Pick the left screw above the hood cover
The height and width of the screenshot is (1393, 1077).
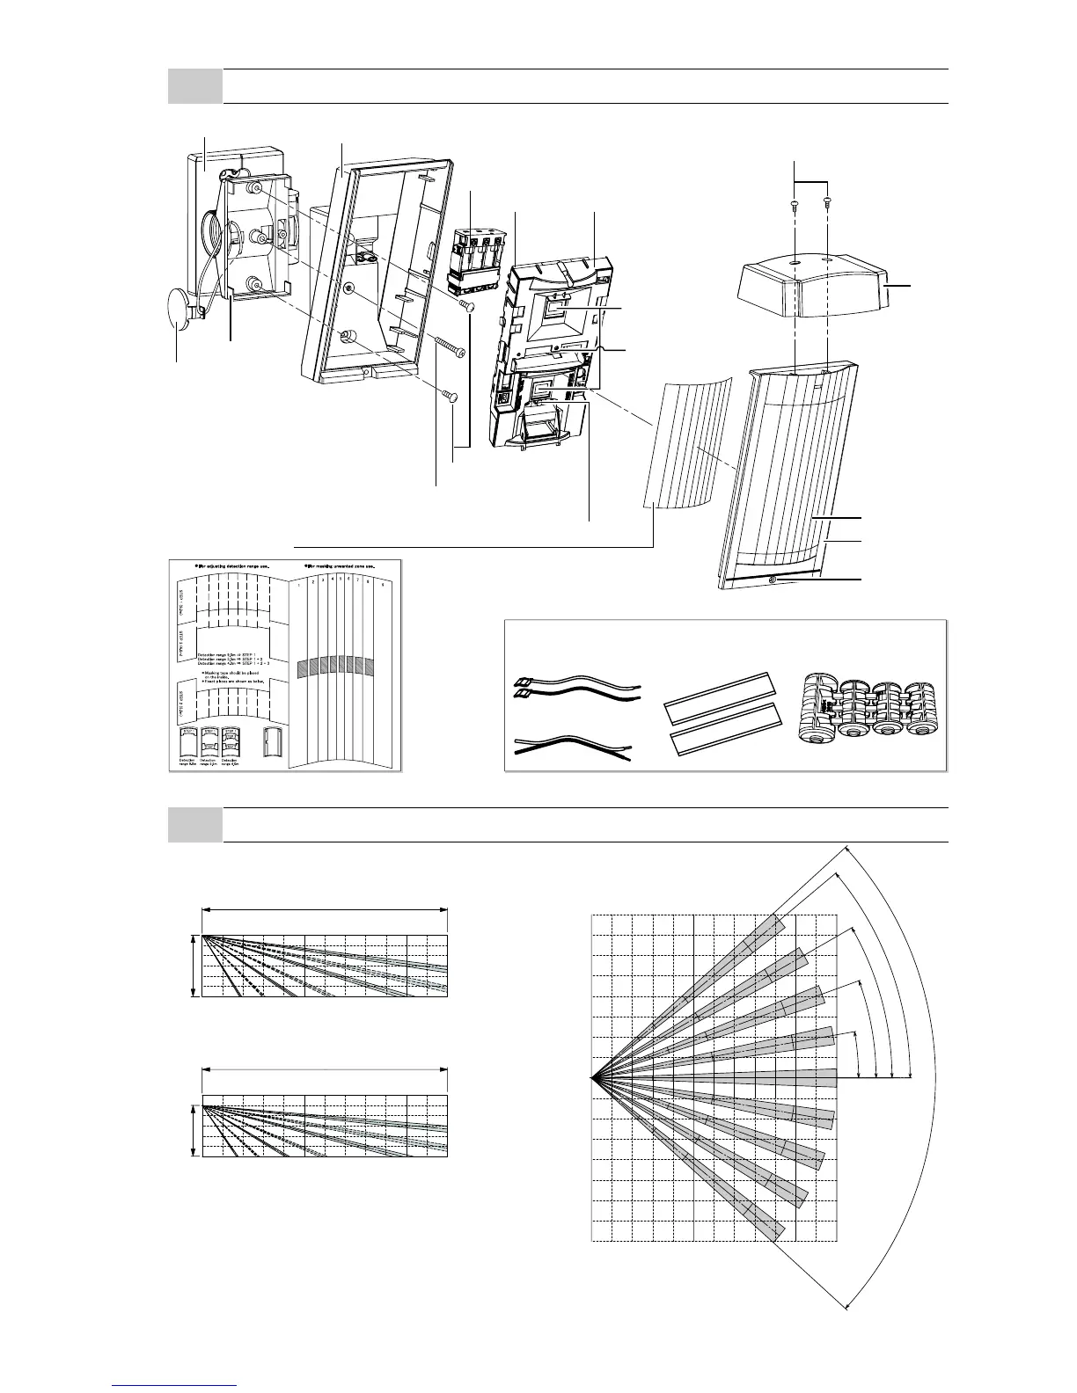pos(794,203)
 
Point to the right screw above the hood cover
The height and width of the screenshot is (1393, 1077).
pos(827,203)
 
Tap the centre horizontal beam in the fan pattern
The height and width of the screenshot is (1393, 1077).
pos(748,1076)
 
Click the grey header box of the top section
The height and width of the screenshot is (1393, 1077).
pos(194,86)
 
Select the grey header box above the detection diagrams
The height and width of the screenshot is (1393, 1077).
pos(194,825)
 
